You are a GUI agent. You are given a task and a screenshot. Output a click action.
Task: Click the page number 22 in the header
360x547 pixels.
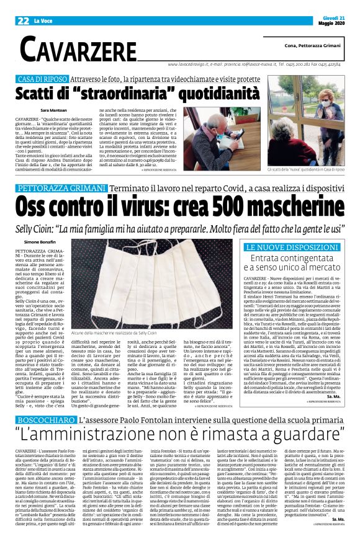[x=24, y=20]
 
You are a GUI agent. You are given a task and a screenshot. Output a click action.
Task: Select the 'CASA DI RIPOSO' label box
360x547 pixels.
[x=43, y=79]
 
